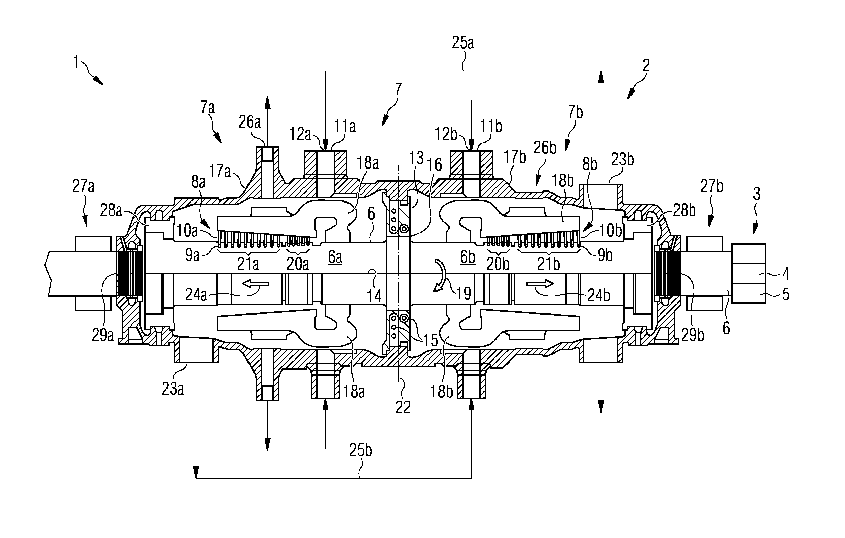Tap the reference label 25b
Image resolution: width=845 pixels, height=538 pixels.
click(x=360, y=450)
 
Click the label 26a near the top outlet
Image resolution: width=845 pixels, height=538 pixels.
click(x=250, y=122)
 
